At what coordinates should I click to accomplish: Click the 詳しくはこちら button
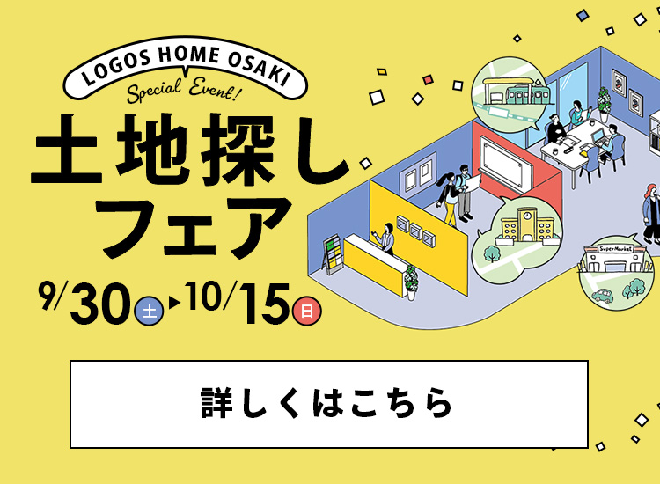(x=329, y=404)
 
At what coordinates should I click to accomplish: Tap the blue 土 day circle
(x=149, y=312)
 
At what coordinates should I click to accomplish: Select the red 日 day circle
(x=307, y=312)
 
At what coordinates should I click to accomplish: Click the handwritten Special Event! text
(x=185, y=90)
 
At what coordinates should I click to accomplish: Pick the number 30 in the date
(x=100, y=303)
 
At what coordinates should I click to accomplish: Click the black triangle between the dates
(x=174, y=303)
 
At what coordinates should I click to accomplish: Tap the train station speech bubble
(x=510, y=94)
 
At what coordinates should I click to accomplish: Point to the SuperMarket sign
(x=616, y=249)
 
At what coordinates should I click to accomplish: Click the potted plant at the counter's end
(x=411, y=282)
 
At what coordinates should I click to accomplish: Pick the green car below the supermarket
(x=603, y=295)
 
